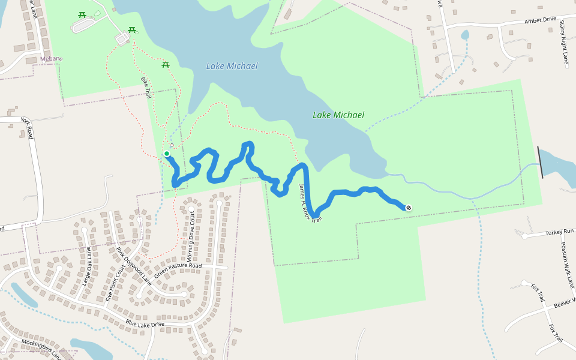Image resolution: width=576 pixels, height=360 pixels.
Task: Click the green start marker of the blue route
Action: click(167, 154)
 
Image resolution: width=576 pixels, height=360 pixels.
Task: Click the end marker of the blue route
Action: click(409, 208)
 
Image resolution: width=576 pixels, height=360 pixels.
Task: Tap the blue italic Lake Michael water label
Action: click(232, 66)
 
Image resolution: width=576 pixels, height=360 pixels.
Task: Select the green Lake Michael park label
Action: click(338, 115)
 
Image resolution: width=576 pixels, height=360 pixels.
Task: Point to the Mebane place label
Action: click(51, 58)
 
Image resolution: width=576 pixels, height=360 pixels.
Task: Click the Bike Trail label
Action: click(146, 88)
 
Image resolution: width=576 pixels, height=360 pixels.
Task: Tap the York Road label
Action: click(27, 128)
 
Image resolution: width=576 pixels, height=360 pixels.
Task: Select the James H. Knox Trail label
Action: click(310, 203)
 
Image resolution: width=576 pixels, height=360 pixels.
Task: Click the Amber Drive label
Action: click(540, 20)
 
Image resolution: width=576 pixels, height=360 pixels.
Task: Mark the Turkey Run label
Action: click(560, 232)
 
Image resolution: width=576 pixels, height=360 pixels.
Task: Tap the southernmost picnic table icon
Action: click(166, 64)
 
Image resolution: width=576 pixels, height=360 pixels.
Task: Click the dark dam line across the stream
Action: click(541, 162)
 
